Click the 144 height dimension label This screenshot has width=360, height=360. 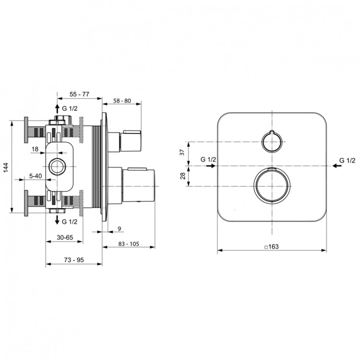(6, 168)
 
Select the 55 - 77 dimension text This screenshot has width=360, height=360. (79, 94)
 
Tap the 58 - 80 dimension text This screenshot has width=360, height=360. (121, 101)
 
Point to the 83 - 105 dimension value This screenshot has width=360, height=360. (129, 244)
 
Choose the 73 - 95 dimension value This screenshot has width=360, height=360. (74, 260)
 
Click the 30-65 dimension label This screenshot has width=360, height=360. (65, 238)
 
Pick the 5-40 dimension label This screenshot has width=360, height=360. (36, 176)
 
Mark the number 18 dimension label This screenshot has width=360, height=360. (35, 149)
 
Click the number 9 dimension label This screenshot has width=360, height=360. (119, 228)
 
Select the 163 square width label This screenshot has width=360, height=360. (271, 247)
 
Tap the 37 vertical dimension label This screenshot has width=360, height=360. (182, 152)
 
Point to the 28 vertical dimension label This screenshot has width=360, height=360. (182, 176)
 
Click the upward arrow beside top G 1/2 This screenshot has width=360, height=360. (58, 109)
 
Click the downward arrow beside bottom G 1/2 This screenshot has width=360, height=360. (57, 220)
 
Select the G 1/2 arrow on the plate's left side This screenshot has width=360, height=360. (211, 166)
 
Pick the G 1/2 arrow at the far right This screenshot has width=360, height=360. (337, 166)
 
